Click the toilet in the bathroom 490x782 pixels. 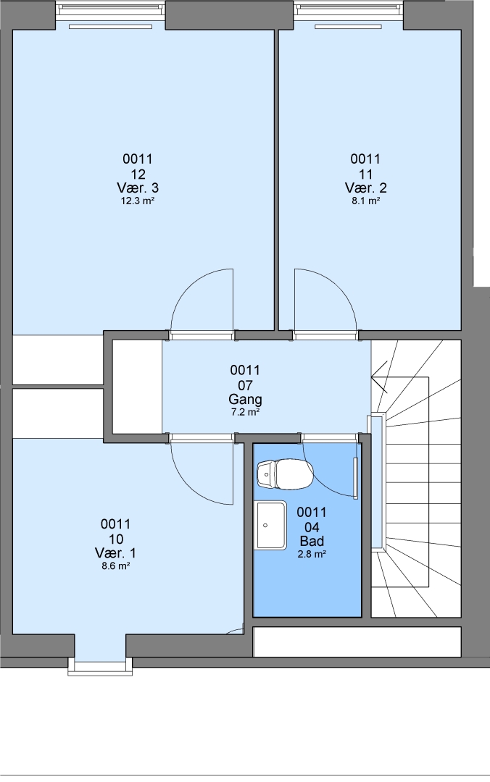[x=285, y=474]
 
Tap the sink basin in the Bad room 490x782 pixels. [x=270, y=526]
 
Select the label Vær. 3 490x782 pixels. [x=138, y=188]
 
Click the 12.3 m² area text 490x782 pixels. [x=138, y=201]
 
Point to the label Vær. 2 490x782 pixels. [x=365, y=188]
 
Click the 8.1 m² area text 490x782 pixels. [x=365, y=201]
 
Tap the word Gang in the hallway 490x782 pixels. [x=245, y=400]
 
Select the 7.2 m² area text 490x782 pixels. [x=245, y=413]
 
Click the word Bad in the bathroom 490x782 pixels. [x=312, y=541]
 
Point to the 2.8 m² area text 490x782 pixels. [x=312, y=554]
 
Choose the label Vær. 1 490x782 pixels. [x=115, y=553]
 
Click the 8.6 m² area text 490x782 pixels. [x=115, y=566]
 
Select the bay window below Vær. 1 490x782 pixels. [x=101, y=667]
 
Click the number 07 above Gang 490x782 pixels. [x=245, y=385]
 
